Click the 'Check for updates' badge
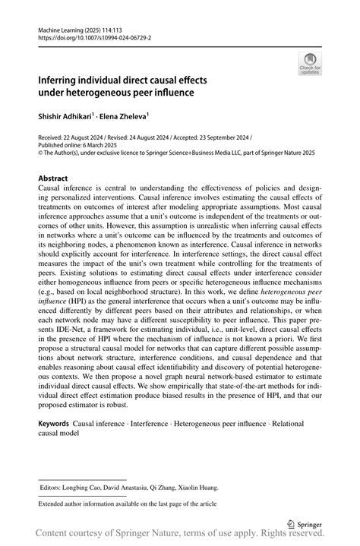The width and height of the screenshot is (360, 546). click(x=310, y=65)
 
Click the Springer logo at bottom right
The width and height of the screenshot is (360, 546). click(x=303, y=522)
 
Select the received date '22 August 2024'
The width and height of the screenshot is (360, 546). click(x=90, y=137)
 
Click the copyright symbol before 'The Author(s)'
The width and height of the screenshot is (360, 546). click(x=41, y=153)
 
